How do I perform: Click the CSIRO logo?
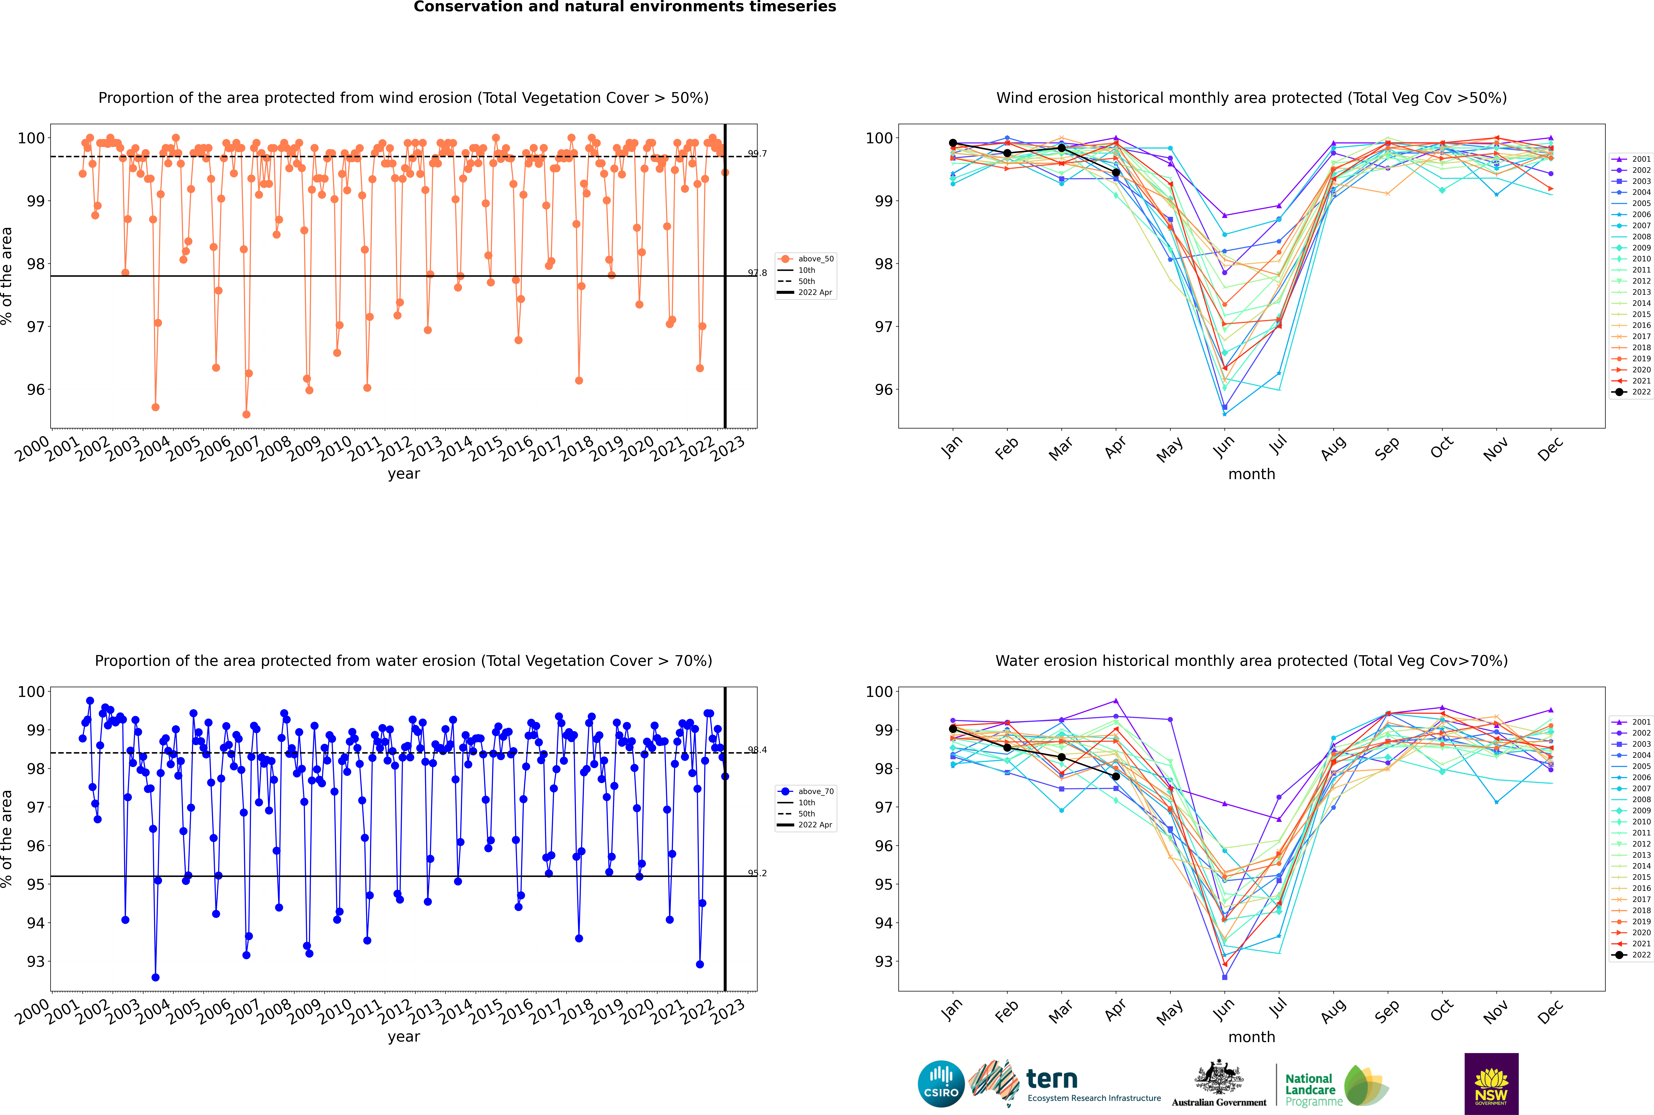[941, 1084]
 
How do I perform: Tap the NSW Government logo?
[1491, 1083]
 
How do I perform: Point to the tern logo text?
[1052, 1080]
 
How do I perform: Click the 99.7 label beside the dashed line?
[757, 154]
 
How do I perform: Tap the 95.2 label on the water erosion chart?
[757, 873]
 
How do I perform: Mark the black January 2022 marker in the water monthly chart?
[953, 729]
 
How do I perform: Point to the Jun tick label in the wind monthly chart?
[1223, 446]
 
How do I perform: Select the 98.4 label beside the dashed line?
[757, 750]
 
